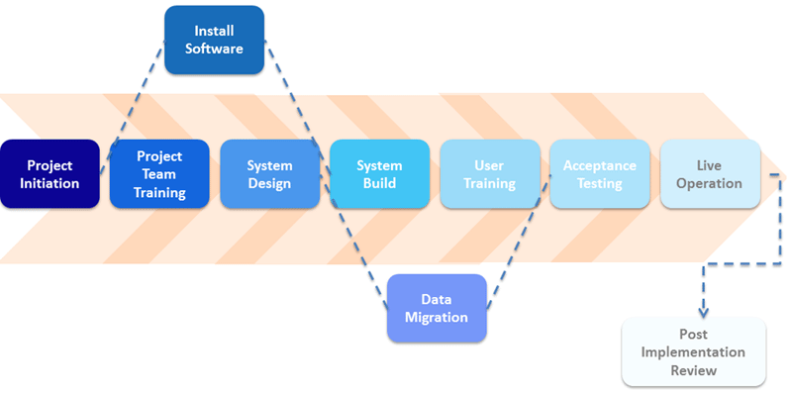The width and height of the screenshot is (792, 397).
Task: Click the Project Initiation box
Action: [49, 174]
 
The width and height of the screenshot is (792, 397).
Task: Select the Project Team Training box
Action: [159, 174]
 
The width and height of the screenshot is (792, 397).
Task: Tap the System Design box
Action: [269, 174]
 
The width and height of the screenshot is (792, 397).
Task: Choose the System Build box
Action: [379, 174]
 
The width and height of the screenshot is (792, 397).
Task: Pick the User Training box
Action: [490, 174]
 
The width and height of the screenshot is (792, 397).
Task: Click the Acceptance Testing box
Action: [600, 174]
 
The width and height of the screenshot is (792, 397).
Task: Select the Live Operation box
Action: [710, 174]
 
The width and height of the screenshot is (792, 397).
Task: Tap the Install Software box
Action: [214, 40]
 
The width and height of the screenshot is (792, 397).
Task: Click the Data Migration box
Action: [437, 308]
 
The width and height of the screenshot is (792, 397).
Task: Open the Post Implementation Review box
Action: [693, 351]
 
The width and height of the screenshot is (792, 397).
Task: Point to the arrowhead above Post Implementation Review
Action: [704, 309]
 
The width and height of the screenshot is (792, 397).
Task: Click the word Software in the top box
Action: [214, 49]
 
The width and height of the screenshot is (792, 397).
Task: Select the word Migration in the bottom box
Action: [437, 317]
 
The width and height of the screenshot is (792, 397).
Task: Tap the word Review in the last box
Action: [693, 370]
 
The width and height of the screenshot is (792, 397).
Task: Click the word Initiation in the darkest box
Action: [49, 183]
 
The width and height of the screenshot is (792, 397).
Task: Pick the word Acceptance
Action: [600, 165]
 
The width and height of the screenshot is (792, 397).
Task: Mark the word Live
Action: [710, 165]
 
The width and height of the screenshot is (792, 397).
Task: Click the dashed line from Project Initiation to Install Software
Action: [134, 109]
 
